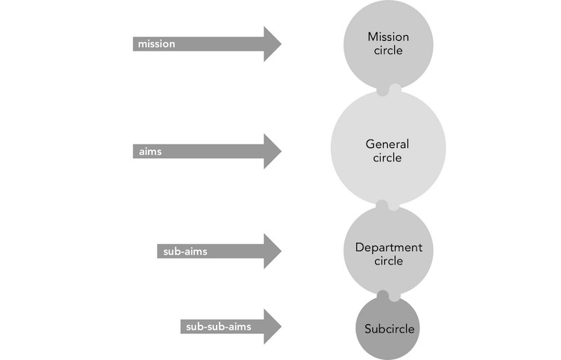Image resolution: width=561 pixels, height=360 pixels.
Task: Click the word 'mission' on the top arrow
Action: pyautogui.click(x=156, y=44)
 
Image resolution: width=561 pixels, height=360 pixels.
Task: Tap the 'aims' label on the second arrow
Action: pyautogui.click(x=150, y=152)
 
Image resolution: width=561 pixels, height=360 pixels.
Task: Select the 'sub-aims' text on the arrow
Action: pyautogui.click(x=185, y=251)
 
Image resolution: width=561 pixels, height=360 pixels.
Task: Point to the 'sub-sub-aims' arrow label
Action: pyautogui.click(x=218, y=327)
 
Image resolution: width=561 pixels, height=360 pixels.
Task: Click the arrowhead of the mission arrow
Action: pyautogui.click(x=272, y=44)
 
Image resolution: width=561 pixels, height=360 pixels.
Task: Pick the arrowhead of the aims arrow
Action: pyautogui.click(x=272, y=151)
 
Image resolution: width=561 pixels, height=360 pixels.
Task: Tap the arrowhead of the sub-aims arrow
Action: pyautogui.click(x=272, y=251)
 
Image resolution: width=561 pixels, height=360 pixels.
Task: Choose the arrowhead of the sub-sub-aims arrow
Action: pyautogui.click(x=272, y=326)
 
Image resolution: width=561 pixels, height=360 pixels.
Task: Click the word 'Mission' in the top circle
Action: pyautogui.click(x=388, y=37)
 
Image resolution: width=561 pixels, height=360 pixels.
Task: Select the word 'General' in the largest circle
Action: pyautogui.click(x=387, y=144)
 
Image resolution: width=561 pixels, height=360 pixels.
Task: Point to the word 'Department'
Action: pyautogui.click(x=388, y=248)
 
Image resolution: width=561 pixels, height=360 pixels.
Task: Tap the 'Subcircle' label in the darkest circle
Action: pyautogui.click(x=389, y=329)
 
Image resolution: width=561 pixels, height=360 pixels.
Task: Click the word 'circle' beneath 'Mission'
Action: pyautogui.click(x=388, y=51)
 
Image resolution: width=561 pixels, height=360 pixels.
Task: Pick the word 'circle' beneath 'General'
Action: pyautogui.click(x=387, y=158)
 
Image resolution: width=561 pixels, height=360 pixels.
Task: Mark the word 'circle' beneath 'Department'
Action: pyautogui.click(x=388, y=261)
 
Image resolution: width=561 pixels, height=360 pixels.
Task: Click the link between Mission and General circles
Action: pyautogui.click(x=388, y=90)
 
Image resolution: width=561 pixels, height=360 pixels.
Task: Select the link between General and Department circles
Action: pyautogui.click(x=388, y=206)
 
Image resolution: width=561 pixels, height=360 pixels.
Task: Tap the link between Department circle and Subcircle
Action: pyautogui.click(x=388, y=296)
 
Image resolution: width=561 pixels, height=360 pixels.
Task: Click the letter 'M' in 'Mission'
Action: pyautogui.click(x=372, y=37)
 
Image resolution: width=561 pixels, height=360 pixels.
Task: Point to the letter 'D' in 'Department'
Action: pyautogui.click(x=359, y=247)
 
